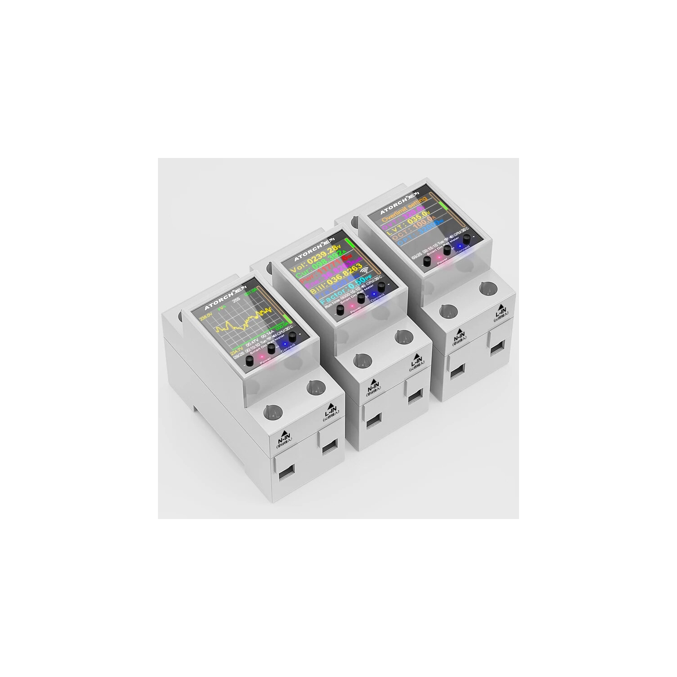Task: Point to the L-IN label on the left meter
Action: [x=330, y=412]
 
